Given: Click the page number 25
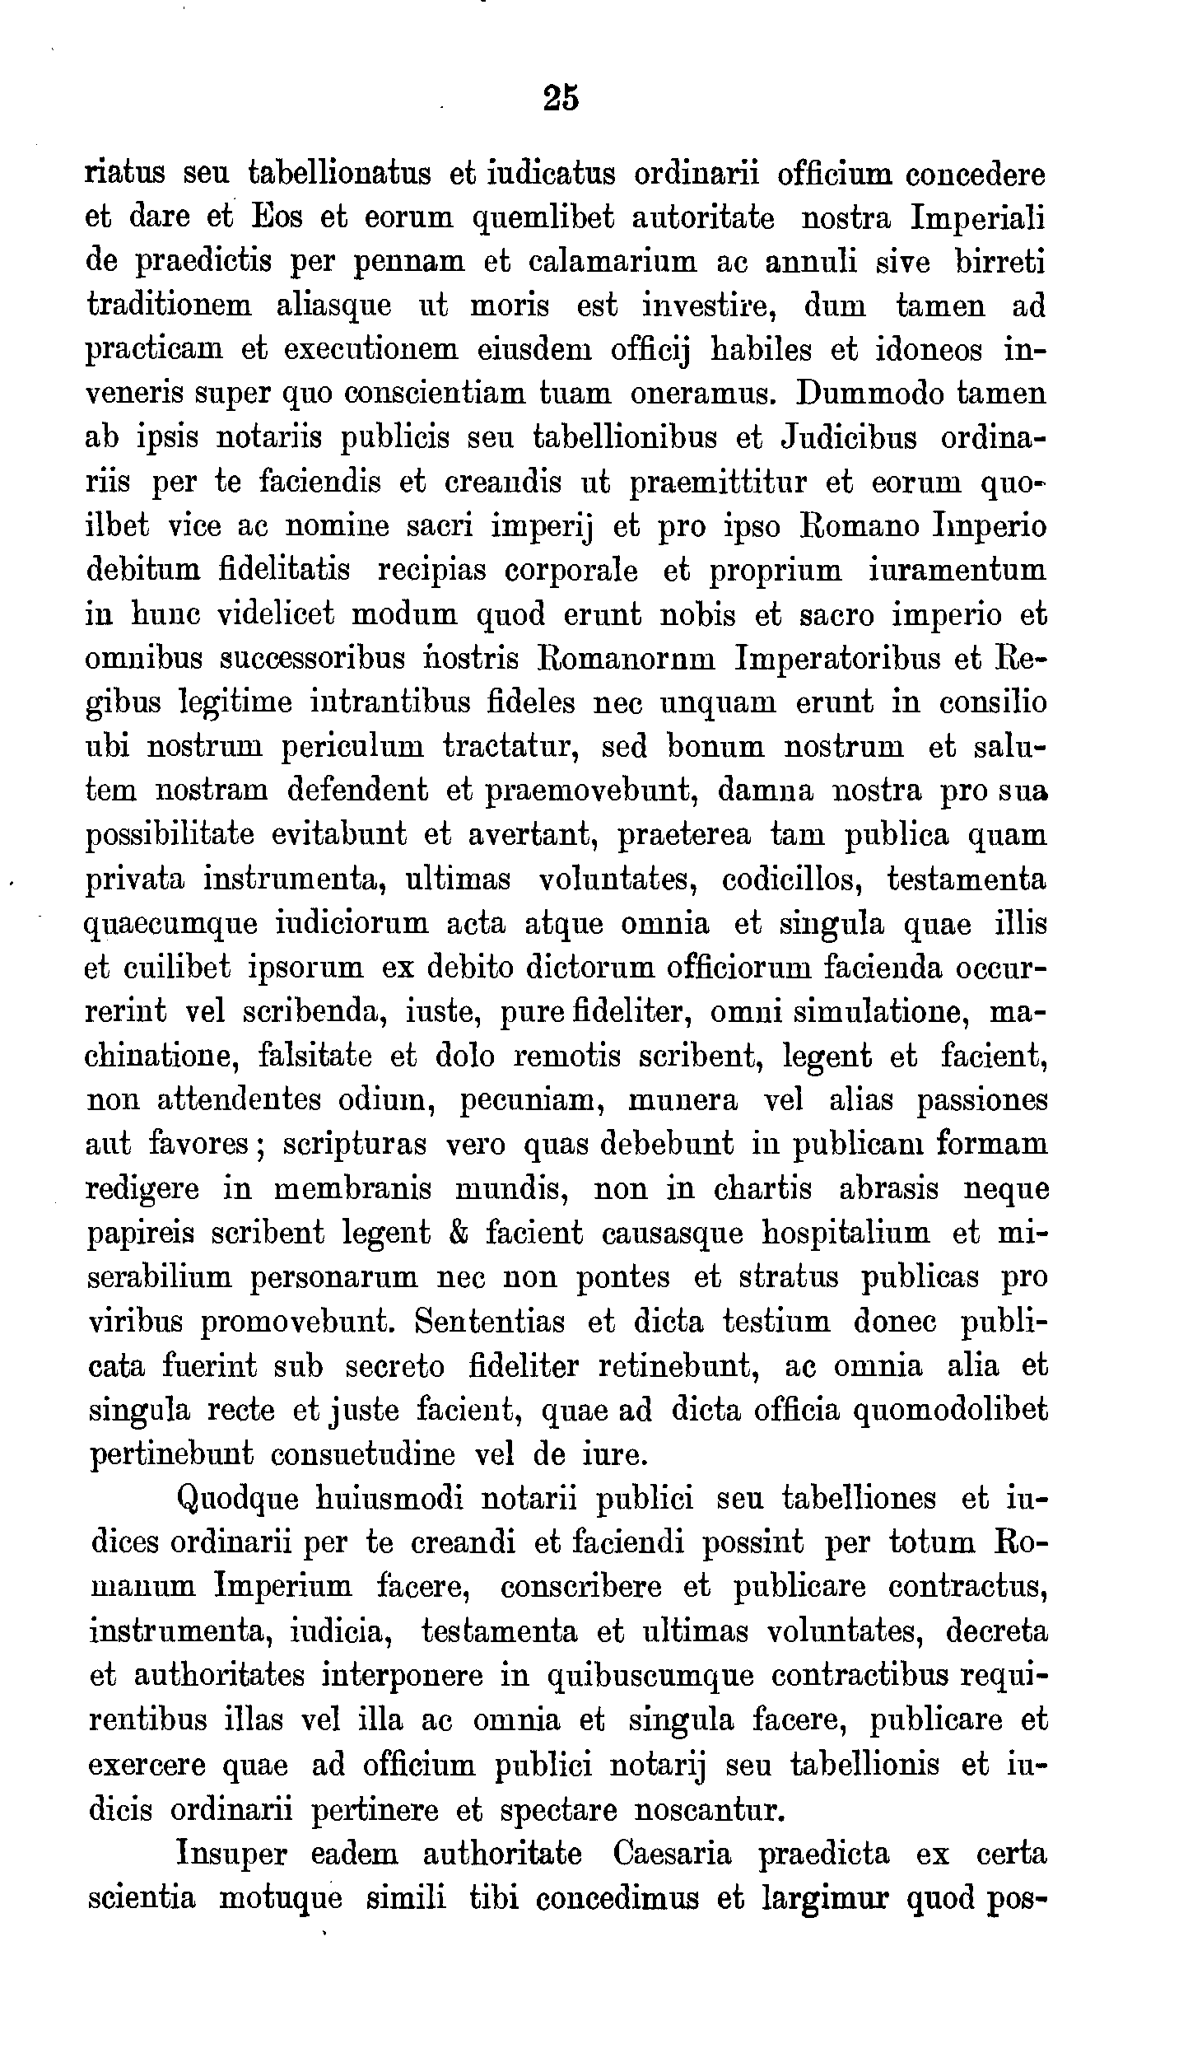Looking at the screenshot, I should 561,98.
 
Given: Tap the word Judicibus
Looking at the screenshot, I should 847,437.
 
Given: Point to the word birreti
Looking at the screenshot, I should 999,262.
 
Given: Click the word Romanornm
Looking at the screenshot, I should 627,659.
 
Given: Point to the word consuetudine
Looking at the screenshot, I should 363,1454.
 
